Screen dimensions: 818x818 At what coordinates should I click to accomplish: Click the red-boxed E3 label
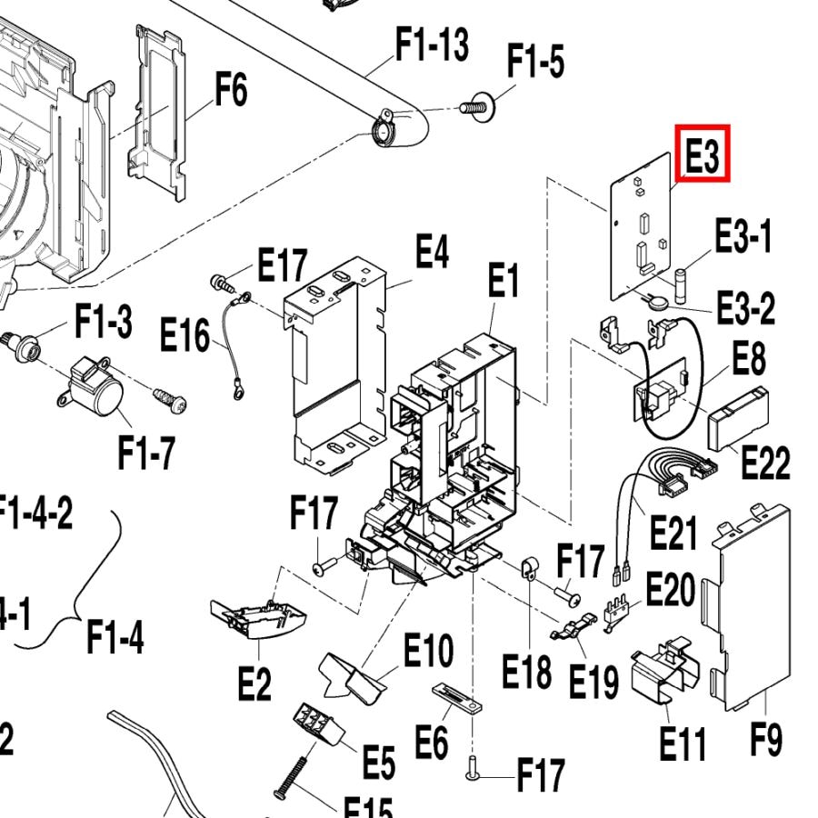tap(702, 155)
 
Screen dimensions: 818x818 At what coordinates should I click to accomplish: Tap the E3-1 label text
tap(743, 237)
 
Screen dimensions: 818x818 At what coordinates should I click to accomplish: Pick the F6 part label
tap(231, 91)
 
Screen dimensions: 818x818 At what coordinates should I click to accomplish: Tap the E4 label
tap(432, 252)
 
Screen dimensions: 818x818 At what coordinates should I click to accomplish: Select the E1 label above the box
tap(502, 283)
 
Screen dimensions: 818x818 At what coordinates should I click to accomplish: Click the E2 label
tap(254, 683)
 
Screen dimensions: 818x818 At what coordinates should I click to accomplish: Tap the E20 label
tap(670, 592)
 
